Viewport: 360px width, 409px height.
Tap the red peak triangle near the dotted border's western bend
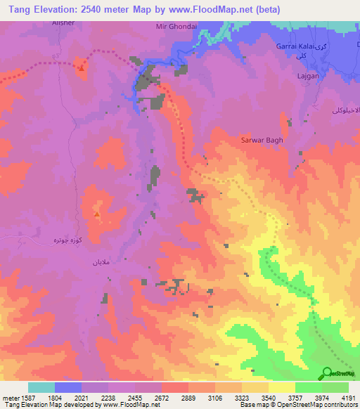pos(82,67)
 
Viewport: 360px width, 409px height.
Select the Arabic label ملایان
pos(98,262)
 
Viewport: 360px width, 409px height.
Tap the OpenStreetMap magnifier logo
pos(326,374)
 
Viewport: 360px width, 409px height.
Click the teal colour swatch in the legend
pos(41,387)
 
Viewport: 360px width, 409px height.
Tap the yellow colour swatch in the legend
pos(282,387)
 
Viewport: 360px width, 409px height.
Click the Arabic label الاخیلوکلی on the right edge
pos(345,111)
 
